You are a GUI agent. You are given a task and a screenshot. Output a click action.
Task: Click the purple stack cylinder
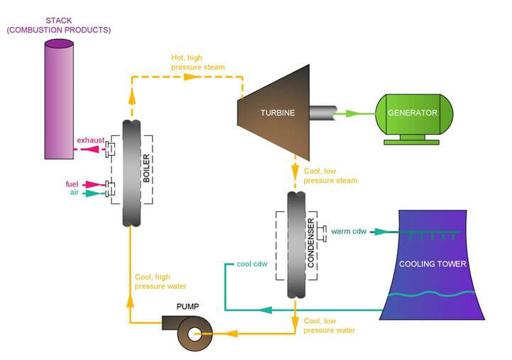(x=60, y=99)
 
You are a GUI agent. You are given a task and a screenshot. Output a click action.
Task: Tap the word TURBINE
(x=276, y=113)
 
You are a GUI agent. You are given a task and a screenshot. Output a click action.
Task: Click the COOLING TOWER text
(x=433, y=264)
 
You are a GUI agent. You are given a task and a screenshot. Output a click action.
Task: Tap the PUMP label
(x=187, y=306)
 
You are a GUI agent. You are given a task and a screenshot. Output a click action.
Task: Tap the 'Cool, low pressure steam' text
(x=330, y=176)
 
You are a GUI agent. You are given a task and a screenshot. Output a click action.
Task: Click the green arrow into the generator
(x=359, y=113)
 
